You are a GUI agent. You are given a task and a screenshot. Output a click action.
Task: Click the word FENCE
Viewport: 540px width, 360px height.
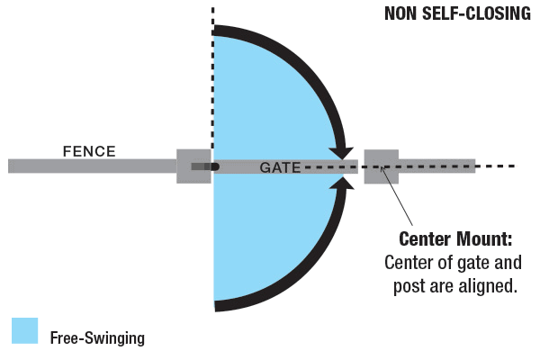(x=88, y=150)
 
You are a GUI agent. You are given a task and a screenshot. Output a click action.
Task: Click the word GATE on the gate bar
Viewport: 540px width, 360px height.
(x=279, y=167)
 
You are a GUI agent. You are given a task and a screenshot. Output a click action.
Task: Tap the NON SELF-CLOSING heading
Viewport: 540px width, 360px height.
(x=457, y=13)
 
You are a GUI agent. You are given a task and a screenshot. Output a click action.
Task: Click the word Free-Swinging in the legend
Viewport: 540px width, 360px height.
(x=97, y=338)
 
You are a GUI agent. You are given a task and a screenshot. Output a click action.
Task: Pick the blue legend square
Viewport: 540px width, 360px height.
(x=24, y=330)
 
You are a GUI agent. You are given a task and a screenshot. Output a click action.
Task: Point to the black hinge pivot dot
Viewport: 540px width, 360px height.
(x=214, y=166)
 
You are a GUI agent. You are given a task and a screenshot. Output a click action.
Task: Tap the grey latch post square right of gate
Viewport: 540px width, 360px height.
(x=381, y=166)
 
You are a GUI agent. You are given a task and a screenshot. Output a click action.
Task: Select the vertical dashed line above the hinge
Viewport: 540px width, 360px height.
(x=213, y=18)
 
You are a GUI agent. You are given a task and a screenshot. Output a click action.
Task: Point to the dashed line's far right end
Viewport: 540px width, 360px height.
(x=511, y=166)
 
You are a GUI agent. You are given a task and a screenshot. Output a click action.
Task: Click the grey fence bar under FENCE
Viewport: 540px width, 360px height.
(x=90, y=166)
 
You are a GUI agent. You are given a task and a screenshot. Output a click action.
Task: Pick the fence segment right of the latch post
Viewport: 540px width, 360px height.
(x=436, y=166)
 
